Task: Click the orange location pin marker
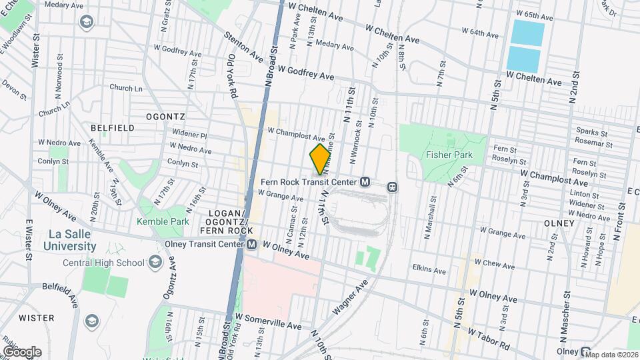pyautogui.click(x=320, y=159)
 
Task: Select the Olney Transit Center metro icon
pyautogui.click(x=252, y=245)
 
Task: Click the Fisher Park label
pyautogui.click(x=449, y=155)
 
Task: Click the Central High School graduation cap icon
pyautogui.click(x=155, y=262)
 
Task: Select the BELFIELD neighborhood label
pyautogui.click(x=112, y=127)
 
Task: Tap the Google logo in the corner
pyautogui.click(x=21, y=351)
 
